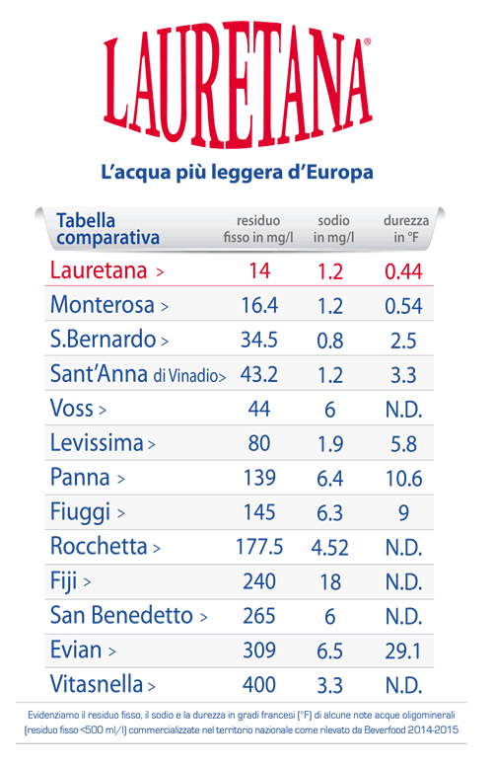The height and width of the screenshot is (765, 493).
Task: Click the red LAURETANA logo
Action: [238, 84]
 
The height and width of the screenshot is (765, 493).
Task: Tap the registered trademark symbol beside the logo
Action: [368, 42]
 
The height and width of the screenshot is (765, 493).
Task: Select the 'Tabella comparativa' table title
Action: [107, 229]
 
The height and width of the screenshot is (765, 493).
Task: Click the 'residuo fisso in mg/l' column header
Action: [258, 229]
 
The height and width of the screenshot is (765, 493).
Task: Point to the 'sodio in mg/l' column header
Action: [333, 229]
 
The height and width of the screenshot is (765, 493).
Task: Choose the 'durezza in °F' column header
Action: [406, 229]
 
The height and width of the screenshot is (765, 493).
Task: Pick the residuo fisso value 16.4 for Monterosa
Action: [259, 305]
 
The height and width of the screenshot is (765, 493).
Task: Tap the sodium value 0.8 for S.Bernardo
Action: [329, 341]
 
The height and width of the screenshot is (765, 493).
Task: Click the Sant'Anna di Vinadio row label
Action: [138, 374]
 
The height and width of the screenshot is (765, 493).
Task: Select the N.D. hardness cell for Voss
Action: [403, 410]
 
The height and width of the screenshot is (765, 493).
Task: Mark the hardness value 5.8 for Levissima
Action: [403, 444]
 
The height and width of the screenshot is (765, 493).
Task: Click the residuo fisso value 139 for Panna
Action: [259, 478]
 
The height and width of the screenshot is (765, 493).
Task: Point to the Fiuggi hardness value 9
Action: [403, 512]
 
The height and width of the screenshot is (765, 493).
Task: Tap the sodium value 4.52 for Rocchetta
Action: [329, 548]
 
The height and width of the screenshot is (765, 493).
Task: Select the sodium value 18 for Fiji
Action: [329, 582]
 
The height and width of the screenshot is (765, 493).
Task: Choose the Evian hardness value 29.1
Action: [403, 650]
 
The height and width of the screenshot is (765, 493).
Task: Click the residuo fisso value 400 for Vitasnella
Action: [259, 685]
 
